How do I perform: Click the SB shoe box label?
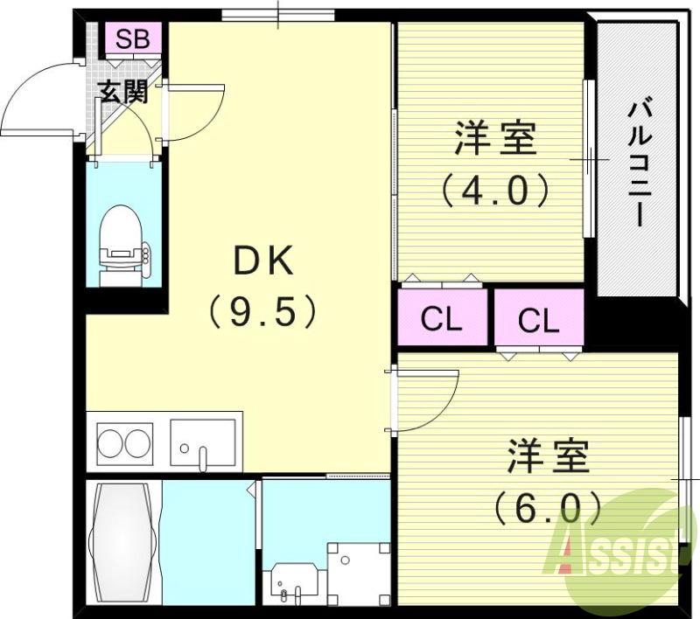coord(133,38)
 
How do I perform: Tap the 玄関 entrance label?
coord(122,91)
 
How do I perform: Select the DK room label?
coord(262,261)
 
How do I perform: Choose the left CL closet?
coord(441,320)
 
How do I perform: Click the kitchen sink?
coord(203,445)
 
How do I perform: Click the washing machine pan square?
coord(359,572)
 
